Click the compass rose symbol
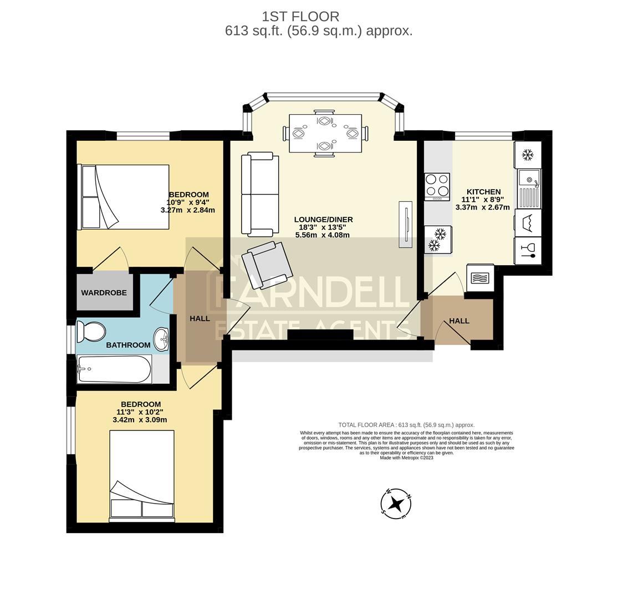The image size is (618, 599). click(396, 504)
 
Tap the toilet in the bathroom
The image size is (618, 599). click(91, 332)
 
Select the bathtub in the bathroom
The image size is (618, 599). click(115, 369)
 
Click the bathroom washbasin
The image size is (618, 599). click(161, 339)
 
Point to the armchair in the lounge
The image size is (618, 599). click(270, 265)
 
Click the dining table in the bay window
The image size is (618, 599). click(325, 133)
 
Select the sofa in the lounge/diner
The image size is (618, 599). click(260, 194)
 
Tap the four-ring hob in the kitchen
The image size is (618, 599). click(437, 187)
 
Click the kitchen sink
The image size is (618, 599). click(529, 188)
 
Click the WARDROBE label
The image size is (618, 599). click(104, 292)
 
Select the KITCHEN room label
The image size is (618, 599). click(483, 192)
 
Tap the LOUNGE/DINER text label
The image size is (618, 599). click(323, 220)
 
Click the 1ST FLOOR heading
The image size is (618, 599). click(300, 17)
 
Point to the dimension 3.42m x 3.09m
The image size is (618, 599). click(140, 420)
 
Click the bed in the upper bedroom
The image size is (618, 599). click(125, 197)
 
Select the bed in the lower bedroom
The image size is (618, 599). click(142, 476)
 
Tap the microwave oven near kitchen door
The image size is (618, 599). click(480, 277)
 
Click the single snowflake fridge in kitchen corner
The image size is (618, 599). click(528, 155)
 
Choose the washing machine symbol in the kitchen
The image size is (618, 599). click(528, 223)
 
